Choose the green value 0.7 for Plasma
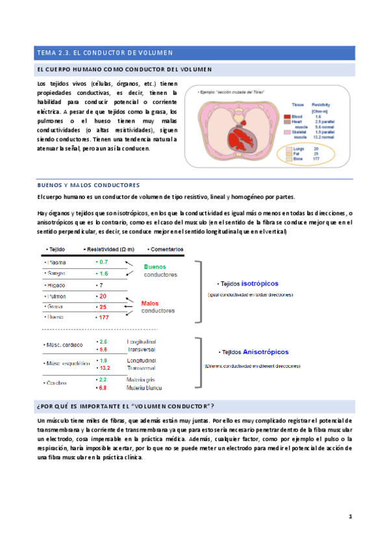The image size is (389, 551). pos(103,261)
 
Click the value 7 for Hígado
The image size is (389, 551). pos(100,285)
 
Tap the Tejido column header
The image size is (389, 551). pos(55,249)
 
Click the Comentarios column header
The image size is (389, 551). pos(166,249)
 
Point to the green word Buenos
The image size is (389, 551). pos(155,266)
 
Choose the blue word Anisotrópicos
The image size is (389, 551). pos(266,352)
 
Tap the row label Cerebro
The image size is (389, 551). pos(56,383)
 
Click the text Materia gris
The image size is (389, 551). pos(140,379)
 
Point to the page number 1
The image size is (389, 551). pos(349,517)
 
